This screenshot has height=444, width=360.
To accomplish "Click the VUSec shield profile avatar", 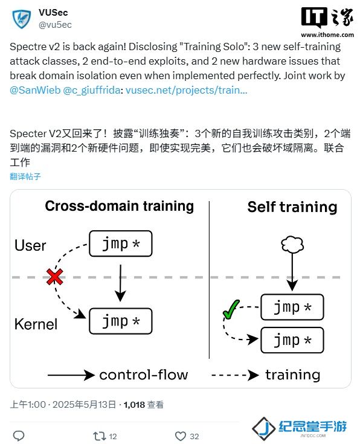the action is coord(22,19).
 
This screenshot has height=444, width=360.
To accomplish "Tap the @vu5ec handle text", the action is coord(55,25).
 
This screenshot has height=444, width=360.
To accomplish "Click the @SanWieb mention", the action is coord(35,90).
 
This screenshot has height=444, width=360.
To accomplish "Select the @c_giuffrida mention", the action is coord(92,90).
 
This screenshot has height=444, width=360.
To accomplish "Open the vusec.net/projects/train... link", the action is coord(187,90).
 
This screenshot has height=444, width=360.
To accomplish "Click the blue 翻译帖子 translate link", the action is coord(25,176).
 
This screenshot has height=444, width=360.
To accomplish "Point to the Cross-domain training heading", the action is coord(119,206).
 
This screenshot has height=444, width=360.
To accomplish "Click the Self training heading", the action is coord(292,207).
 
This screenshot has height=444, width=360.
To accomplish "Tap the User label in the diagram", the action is coord(30,245).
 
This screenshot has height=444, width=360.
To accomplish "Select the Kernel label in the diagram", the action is coord(36,324).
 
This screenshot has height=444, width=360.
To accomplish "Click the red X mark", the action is coord(55,277).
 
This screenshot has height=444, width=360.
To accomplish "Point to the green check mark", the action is coord(231,309).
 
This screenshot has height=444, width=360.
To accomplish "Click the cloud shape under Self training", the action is coord(292,245).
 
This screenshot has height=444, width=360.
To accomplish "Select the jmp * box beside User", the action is coord(121,243).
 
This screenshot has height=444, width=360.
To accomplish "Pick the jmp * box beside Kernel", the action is coord(121,321).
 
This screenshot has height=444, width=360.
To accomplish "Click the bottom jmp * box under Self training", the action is coord(292,340).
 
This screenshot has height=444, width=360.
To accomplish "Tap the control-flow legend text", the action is coord(144,375).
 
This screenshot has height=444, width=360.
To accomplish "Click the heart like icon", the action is coord(181,436).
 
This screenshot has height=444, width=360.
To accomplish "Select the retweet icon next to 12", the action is coord(100,436).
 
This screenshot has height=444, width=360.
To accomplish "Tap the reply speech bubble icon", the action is coord(19,436).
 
